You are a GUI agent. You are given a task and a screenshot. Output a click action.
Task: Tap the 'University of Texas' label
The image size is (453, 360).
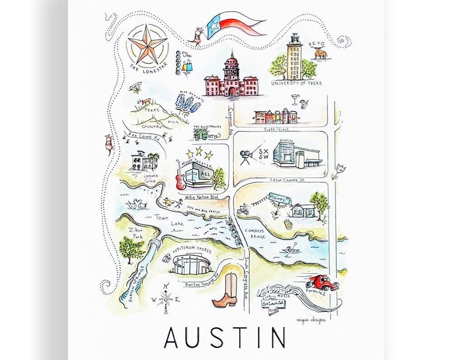pos(296,83)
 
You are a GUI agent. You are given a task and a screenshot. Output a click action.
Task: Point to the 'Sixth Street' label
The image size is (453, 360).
pos(277,129)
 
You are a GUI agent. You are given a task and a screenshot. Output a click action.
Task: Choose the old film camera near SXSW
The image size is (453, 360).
pos(247,156)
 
